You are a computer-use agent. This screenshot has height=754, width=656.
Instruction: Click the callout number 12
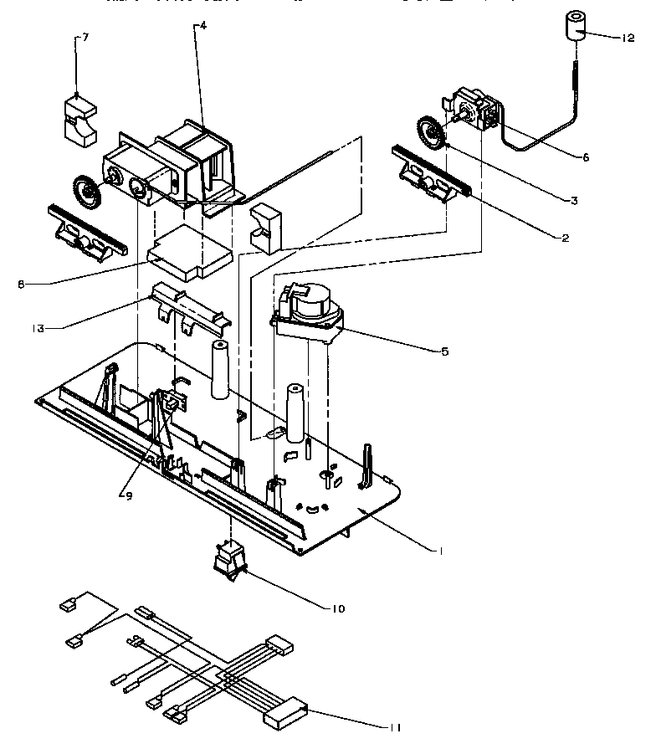point(628,37)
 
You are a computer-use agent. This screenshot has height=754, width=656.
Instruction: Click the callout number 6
point(586,156)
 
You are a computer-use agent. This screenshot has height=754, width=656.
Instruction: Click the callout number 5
point(445,351)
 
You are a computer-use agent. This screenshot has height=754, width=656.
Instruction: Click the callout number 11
point(394,727)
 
